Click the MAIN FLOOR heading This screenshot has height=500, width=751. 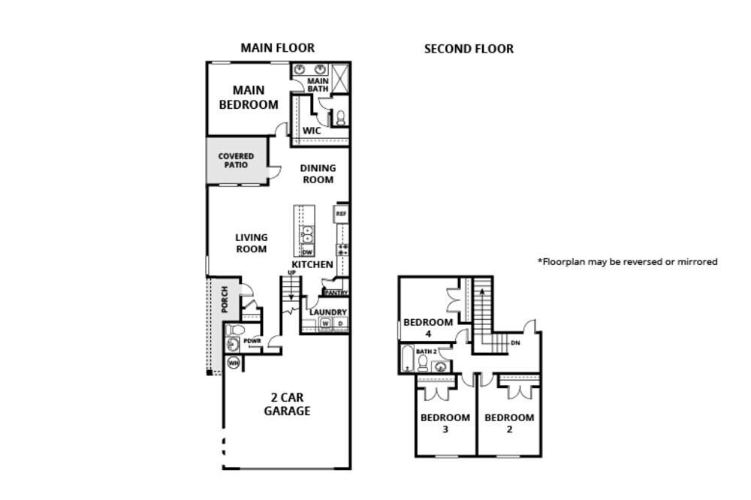[277, 48]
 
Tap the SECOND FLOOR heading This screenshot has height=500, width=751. [469, 49]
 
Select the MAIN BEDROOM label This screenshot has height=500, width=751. [248, 98]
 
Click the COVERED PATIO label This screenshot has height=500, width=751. [236, 161]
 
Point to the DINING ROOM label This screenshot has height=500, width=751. [318, 174]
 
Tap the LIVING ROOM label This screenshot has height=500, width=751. [252, 243]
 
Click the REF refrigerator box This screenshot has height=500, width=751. [341, 214]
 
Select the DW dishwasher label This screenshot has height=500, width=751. [307, 252]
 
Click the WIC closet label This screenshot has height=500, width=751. [312, 131]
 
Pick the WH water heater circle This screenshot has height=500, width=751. [233, 363]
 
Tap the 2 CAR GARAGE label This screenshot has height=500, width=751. [286, 404]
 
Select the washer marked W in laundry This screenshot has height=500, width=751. [326, 324]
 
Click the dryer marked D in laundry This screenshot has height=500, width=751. [340, 324]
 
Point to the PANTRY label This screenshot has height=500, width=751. [335, 293]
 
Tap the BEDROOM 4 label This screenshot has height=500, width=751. [428, 328]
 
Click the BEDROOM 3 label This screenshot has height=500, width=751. [445, 423]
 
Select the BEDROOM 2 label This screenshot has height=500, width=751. [509, 423]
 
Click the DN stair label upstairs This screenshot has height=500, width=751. [515, 343]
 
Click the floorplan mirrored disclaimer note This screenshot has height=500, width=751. [627, 262]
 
